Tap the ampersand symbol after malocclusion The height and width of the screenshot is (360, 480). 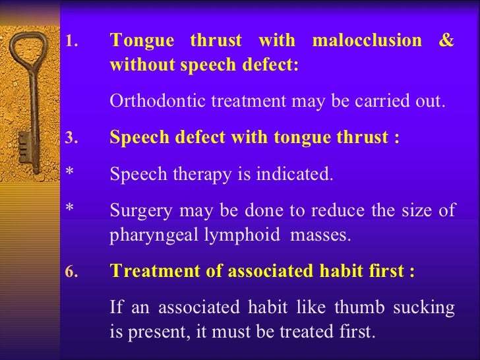(x=447, y=41)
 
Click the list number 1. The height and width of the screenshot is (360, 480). (x=71, y=42)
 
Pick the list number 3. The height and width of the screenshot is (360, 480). (x=71, y=138)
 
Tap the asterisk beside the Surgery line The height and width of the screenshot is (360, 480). (x=69, y=210)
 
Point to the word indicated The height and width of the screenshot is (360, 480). (x=297, y=175)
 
